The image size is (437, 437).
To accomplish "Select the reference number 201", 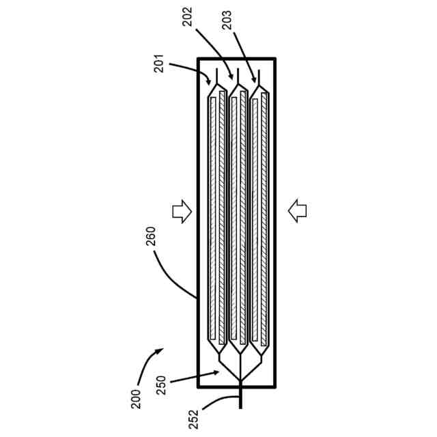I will (x=158, y=68).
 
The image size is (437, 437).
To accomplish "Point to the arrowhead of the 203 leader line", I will (x=256, y=80).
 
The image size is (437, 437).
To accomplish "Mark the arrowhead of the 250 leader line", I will (x=218, y=372).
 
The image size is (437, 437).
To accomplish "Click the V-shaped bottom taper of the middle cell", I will (x=238, y=348).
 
